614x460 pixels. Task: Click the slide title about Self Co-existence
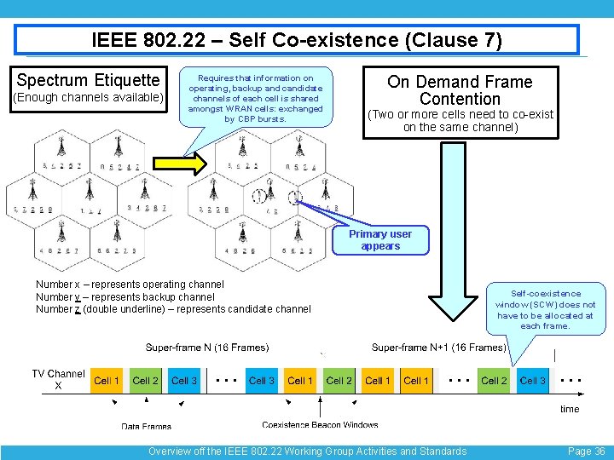click(x=296, y=40)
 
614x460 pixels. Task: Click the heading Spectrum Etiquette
click(x=88, y=80)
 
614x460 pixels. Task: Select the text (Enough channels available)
click(x=88, y=98)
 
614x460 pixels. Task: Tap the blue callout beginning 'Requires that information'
click(x=255, y=98)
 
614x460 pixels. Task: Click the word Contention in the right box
click(x=460, y=99)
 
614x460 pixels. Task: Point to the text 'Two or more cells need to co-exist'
click(x=460, y=114)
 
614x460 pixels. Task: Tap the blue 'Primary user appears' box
click(x=380, y=240)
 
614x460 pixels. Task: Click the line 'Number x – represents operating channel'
click(x=130, y=284)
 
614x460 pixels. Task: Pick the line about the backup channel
click(x=125, y=296)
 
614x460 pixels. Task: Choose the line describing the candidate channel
click(x=173, y=309)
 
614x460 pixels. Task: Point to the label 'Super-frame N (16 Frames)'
click(x=207, y=348)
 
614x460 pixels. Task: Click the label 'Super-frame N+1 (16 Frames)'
click(x=439, y=348)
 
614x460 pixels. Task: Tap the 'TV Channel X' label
click(x=58, y=380)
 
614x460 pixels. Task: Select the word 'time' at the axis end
click(x=570, y=409)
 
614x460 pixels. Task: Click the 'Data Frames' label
click(x=146, y=426)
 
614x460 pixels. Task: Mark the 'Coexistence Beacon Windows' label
click(x=320, y=425)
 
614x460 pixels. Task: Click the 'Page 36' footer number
click(x=586, y=451)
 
